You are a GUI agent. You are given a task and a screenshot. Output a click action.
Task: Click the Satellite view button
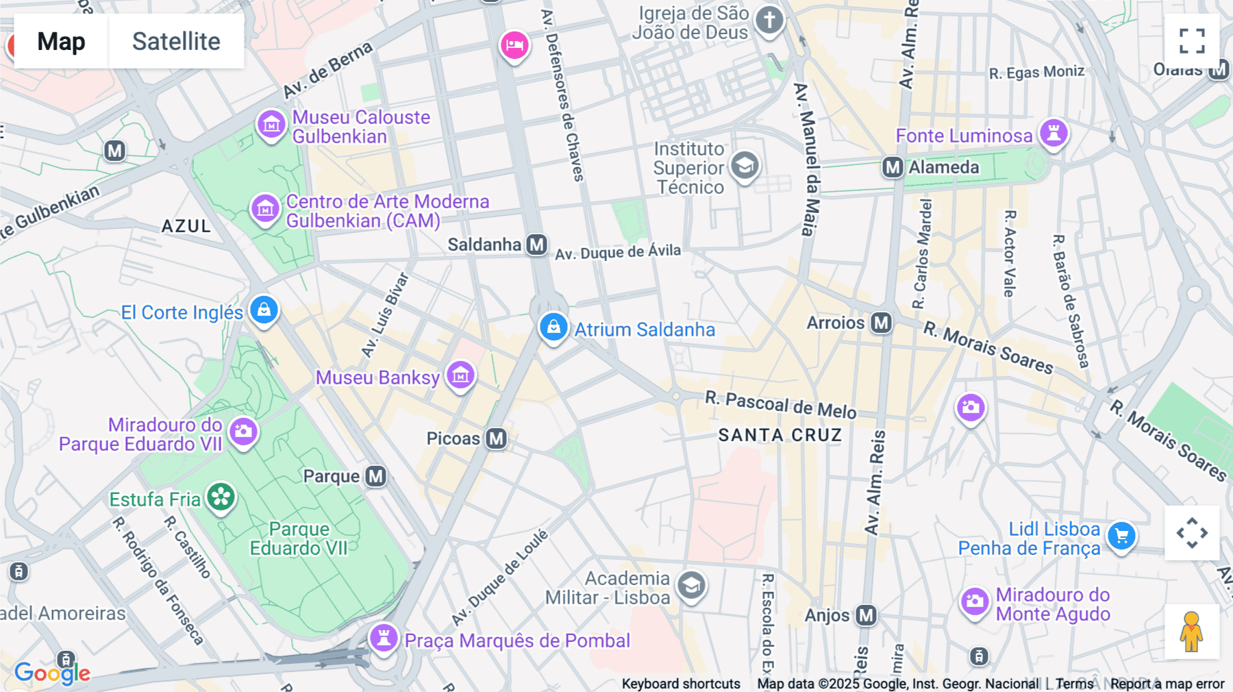(176, 41)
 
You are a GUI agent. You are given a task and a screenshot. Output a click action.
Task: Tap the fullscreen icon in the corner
(1192, 41)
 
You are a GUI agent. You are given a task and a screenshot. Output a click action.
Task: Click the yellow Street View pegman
(1192, 632)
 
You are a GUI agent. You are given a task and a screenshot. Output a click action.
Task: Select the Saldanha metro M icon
(536, 245)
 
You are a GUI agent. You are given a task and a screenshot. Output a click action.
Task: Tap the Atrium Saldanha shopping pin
(553, 328)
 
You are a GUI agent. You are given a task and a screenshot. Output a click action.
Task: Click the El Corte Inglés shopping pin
(264, 310)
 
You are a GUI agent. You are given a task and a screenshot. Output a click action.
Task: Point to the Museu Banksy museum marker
(460, 375)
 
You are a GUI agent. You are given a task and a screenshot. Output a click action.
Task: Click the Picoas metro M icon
(496, 438)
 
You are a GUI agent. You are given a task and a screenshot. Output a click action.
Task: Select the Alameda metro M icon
(892, 167)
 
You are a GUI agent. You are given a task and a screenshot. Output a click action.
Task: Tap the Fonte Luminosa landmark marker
(1054, 133)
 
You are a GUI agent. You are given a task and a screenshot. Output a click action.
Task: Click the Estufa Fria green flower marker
(221, 497)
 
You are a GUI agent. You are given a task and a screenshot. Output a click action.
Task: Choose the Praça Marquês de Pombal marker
(384, 638)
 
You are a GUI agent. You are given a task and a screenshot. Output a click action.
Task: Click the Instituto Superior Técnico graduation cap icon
(745, 165)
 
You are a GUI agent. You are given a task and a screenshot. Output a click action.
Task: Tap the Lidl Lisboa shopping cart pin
(1121, 536)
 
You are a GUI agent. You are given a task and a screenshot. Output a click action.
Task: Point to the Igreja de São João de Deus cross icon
(769, 20)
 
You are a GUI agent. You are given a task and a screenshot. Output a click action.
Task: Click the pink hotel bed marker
(514, 45)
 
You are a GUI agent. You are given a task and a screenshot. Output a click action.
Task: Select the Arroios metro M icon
(881, 323)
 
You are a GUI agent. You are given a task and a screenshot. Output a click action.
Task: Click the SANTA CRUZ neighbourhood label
(780, 435)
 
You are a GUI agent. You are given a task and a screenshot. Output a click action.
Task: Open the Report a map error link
(1167, 684)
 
